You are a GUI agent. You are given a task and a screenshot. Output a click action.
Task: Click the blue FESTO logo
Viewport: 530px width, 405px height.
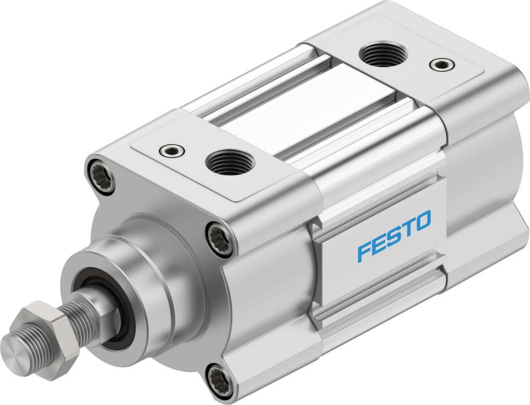[394, 236]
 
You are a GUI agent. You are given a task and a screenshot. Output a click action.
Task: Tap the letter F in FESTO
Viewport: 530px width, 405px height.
[364, 251]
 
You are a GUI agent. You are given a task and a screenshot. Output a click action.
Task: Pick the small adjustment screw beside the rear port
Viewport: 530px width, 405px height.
[442, 64]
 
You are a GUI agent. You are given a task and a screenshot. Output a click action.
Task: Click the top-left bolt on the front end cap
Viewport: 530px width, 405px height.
[100, 175]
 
